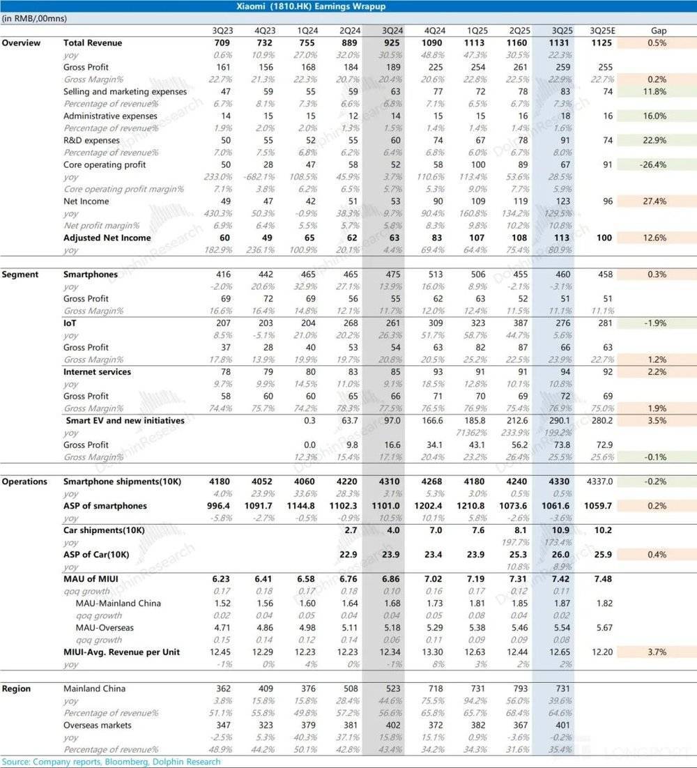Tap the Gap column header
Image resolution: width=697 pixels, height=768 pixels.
click(x=659, y=31)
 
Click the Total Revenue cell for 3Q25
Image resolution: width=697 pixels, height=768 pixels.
click(x=558, y=43)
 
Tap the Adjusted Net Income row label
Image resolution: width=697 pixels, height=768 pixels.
click(x=106, y=238)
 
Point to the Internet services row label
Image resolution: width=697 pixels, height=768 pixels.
click(x=97, y=372)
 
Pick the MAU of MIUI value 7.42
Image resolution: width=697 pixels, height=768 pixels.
click(x=558, y=579)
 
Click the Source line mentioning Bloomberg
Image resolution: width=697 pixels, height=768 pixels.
click(x=111, y=762)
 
